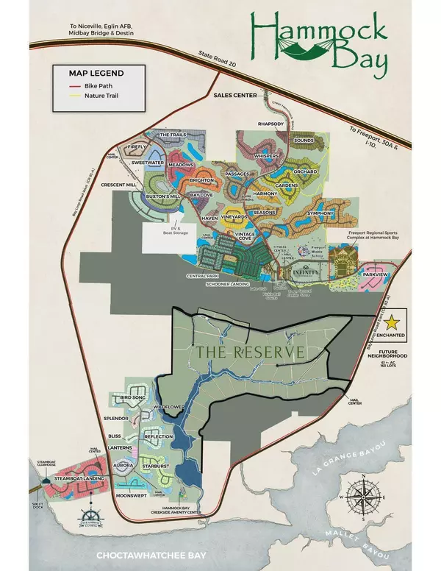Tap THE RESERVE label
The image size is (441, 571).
coord(249,352)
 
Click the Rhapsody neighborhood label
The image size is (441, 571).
coord(271,124)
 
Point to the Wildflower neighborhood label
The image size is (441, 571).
coord(167,406)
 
